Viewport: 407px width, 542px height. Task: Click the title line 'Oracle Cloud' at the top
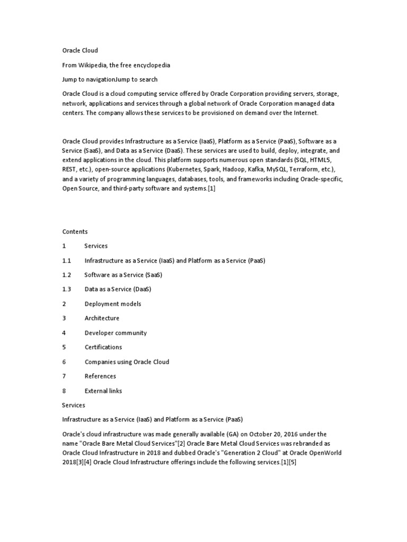tap(80, 50)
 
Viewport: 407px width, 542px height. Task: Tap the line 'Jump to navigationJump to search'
tap(110, 79)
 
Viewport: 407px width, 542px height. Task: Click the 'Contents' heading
tap(75, 231)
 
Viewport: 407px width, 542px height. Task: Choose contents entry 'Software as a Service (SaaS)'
tap(123, 275)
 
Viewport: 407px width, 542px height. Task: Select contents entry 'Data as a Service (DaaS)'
tap(118, 289)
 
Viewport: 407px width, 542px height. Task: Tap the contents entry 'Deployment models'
tap(112, 304)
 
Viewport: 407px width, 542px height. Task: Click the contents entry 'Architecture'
tap(102, 318)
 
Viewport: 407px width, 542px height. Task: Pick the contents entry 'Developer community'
tap(116, 333)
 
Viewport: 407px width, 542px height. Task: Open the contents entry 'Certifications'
tap(103, 347)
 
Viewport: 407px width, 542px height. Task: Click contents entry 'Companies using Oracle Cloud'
tap(127, 362)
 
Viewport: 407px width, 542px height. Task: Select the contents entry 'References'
tap(100, 376)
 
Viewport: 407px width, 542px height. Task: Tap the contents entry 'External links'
tap(103, 391)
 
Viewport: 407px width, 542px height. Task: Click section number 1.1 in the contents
tap(66, 260)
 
